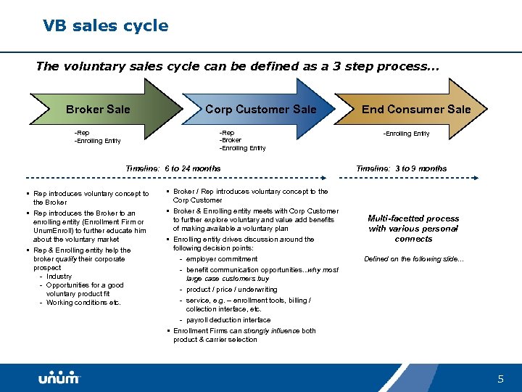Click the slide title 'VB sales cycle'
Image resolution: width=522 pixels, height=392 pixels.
(x=105, y=26)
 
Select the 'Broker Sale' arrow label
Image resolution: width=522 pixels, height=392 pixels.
(x=98, y=110)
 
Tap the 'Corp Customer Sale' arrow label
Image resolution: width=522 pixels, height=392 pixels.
(x=260, y=110)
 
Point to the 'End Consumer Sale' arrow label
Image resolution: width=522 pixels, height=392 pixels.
(x=415, y=110)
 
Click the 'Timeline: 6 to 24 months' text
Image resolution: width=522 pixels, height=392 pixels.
(x=173, y=168)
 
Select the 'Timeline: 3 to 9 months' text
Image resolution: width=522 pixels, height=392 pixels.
(x=401, y=168)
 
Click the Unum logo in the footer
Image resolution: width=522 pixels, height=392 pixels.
(x=59, y=378)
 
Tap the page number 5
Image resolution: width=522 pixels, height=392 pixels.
(x=500, y=379)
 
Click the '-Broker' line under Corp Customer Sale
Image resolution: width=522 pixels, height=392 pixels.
(x=232, y=141)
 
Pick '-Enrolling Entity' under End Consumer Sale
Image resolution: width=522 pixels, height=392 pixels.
(x=407, y=134)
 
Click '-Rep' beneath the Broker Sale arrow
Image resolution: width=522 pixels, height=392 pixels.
(x=82, y=133)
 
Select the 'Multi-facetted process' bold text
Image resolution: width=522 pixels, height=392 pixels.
(x=413, y=218)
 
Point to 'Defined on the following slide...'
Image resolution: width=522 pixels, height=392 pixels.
(x=413, y=259)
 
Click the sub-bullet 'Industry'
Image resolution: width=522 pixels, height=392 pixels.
(x=59, y=277)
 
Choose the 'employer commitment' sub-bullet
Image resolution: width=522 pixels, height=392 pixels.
(x=221, y=259)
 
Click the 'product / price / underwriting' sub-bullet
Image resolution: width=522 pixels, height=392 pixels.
(x=231, y=290)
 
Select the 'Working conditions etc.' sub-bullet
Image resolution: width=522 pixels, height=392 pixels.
(x=83, y=303)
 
